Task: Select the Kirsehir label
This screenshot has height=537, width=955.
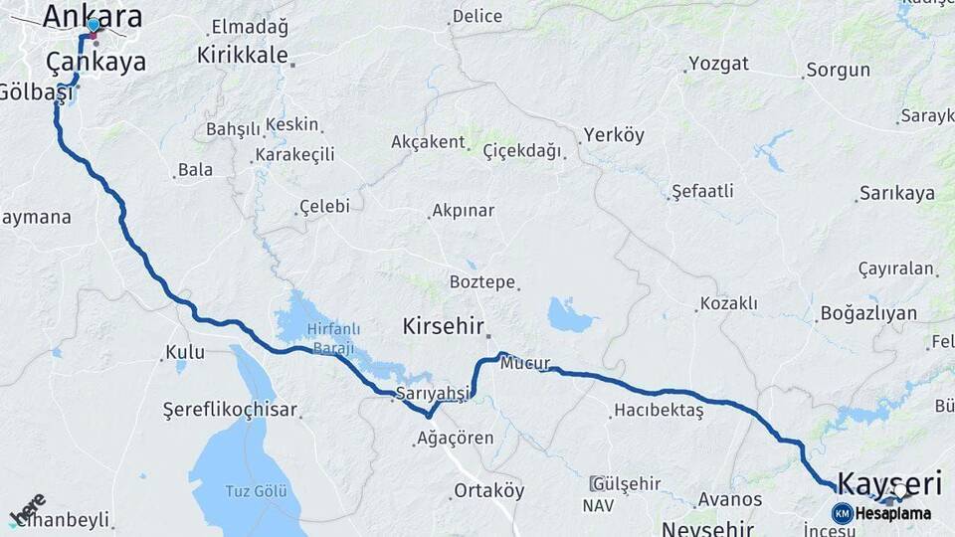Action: pos(443,326)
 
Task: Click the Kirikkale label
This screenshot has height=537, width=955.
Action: pos(242,56)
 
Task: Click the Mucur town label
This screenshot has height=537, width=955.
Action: pos(525,363)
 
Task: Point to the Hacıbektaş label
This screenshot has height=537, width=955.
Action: pos(659,410)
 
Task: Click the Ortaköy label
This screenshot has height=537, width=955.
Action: pos(488,490)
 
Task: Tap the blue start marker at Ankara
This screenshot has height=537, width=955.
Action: pos(94,26)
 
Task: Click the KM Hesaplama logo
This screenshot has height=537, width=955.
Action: pos(881,513)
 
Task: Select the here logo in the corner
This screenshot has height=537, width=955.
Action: pos(29,507)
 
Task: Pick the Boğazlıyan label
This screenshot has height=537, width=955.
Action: pos(868,313)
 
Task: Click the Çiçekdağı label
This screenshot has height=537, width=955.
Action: pos(521,150)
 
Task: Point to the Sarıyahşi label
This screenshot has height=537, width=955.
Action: pos(432,393)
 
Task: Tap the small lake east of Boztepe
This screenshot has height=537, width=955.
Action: pos(570,316)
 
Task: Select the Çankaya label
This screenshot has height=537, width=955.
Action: pos(95,62)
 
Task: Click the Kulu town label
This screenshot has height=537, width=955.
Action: pos(185,351)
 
